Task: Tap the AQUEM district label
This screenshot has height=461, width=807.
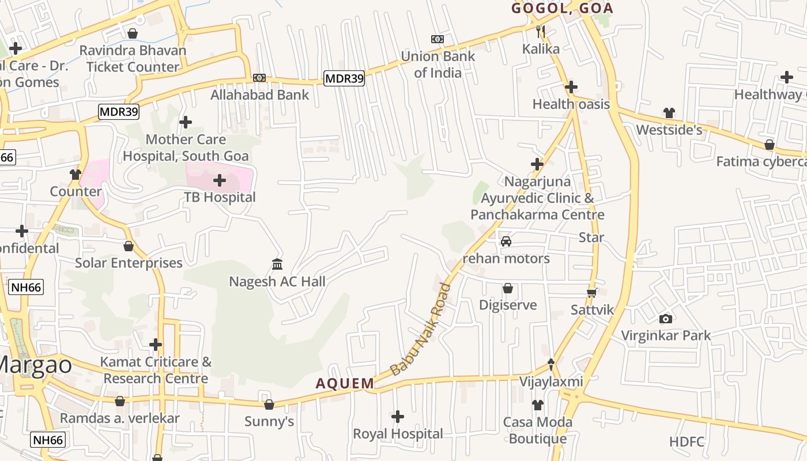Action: [x=345, y=383]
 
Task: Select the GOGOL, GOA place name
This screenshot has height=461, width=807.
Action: [x=562, y=8]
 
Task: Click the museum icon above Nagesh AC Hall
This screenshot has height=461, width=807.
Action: [x=277, y=264]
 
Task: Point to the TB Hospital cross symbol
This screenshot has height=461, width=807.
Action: [x=220, y=180]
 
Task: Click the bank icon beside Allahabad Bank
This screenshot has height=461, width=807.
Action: [x=259, y=78]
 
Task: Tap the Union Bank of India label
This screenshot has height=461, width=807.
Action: [x=438, y=65]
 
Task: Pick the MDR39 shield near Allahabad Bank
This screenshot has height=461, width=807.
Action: [x=344, y=78]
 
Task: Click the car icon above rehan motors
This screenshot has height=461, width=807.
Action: [x=506, y=241]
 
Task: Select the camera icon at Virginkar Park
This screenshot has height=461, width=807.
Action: [x=665, y=319]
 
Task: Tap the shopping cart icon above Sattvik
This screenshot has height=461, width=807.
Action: [x=592, y=293]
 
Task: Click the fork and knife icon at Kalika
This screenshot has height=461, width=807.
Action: [x=540, y=31]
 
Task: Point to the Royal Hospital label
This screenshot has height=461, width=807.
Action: [x=398, y=433]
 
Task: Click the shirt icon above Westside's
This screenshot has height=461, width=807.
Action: [x=669, y=112]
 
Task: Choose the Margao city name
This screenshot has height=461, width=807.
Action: [x=35, y=365]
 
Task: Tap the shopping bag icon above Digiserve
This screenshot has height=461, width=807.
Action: [x=508, y=288]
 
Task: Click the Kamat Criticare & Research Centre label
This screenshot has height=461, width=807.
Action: [x=156, y=371]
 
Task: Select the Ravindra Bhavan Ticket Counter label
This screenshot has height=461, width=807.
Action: [x=133, y=59]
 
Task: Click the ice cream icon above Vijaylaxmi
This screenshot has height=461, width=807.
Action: [x=551, y=364]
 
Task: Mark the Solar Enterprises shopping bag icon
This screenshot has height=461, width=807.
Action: [x=129, y=246]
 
